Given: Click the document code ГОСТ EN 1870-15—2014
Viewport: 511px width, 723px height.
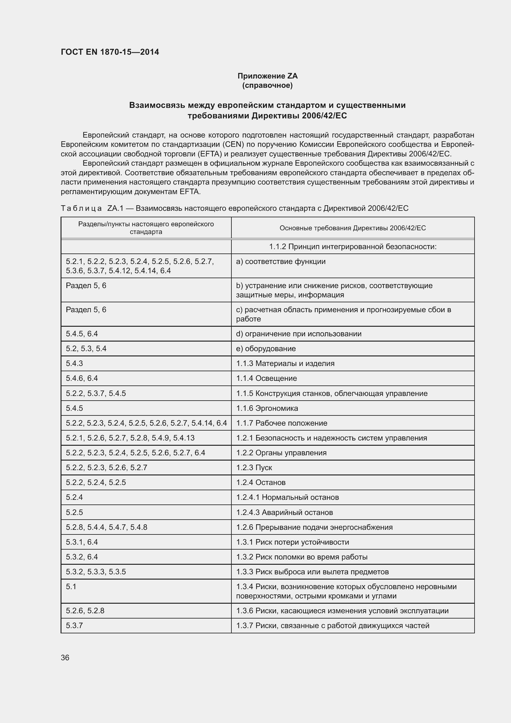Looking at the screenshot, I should click(x=110, y=52).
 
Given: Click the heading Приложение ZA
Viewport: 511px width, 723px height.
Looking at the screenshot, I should click(x=268, y=76).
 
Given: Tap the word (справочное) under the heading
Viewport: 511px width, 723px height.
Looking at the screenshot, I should click(x=268, y=85).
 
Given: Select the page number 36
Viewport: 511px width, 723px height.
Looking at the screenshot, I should click(x=65, y=657).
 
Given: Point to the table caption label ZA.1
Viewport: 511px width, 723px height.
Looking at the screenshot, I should click(x=116, y=208).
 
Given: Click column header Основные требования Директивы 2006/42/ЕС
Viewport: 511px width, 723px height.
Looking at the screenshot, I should click(x=353, y=228).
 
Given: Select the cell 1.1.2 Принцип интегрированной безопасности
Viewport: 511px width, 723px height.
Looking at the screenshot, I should click(x=353, y=247).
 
